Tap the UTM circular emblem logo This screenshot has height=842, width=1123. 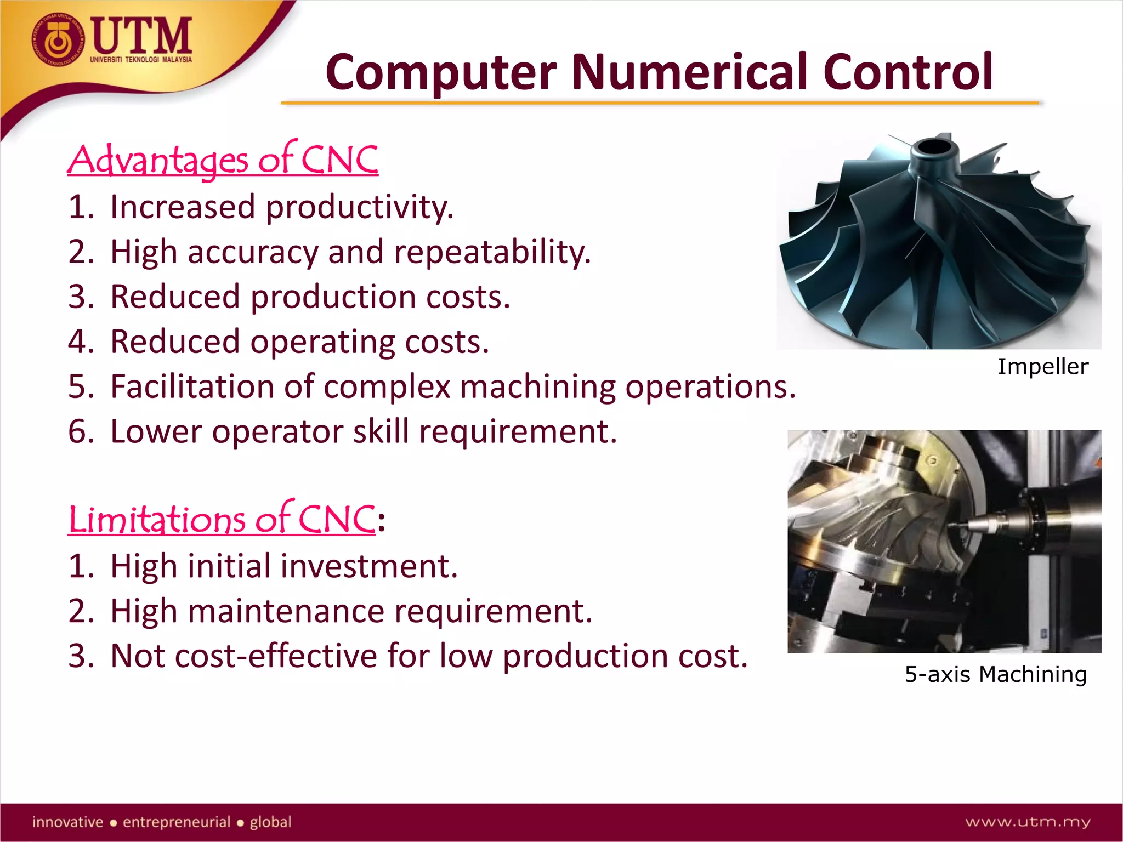point(59,41)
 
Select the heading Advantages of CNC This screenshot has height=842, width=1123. point(223,160)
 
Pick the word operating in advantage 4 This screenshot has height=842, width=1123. point(322,343)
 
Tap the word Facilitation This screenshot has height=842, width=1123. point(192,386)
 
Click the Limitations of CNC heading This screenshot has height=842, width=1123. point(222,519)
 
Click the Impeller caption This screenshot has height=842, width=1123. point(1042,367)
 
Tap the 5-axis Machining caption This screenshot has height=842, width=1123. point(995,674)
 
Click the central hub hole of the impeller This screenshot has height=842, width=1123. point(931,147)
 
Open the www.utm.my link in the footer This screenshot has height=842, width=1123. point(1028,822)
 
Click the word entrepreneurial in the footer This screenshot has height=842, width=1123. point(176,822)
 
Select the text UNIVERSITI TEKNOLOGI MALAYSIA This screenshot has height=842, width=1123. point(141,59)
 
